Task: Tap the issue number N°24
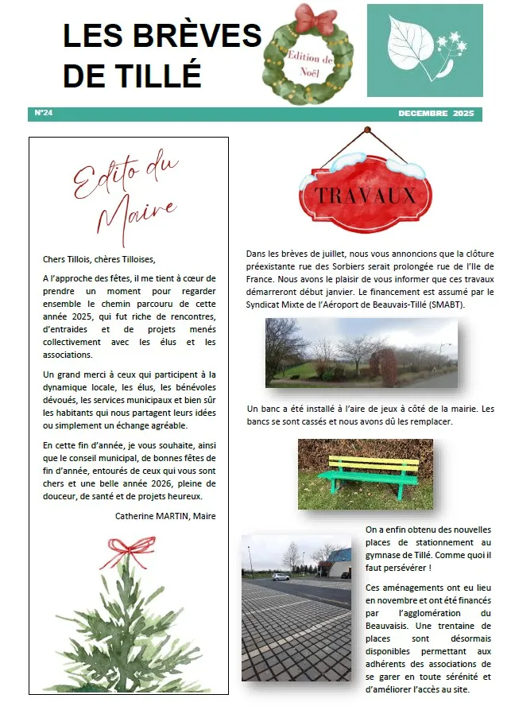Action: pos(44,114)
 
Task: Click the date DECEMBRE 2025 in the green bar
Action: pos(436,114)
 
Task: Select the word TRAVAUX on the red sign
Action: pos(364,195)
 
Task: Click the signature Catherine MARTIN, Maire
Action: pos(165,515)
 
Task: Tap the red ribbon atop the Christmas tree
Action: pos(127,548)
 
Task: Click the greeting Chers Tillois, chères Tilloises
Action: pos(99,258)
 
